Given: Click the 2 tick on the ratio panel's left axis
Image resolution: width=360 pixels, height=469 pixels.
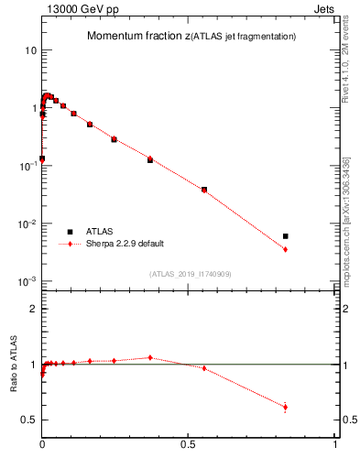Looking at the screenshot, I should click(32, 309).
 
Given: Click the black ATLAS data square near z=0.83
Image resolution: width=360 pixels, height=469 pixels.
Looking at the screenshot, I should click(286, 236).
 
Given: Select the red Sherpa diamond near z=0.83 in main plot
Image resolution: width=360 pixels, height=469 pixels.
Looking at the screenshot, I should click(286, 249).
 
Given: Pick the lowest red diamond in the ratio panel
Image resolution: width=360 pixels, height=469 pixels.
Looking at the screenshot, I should click(286, 408).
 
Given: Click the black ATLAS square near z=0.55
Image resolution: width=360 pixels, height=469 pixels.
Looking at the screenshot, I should click(203, 190).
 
